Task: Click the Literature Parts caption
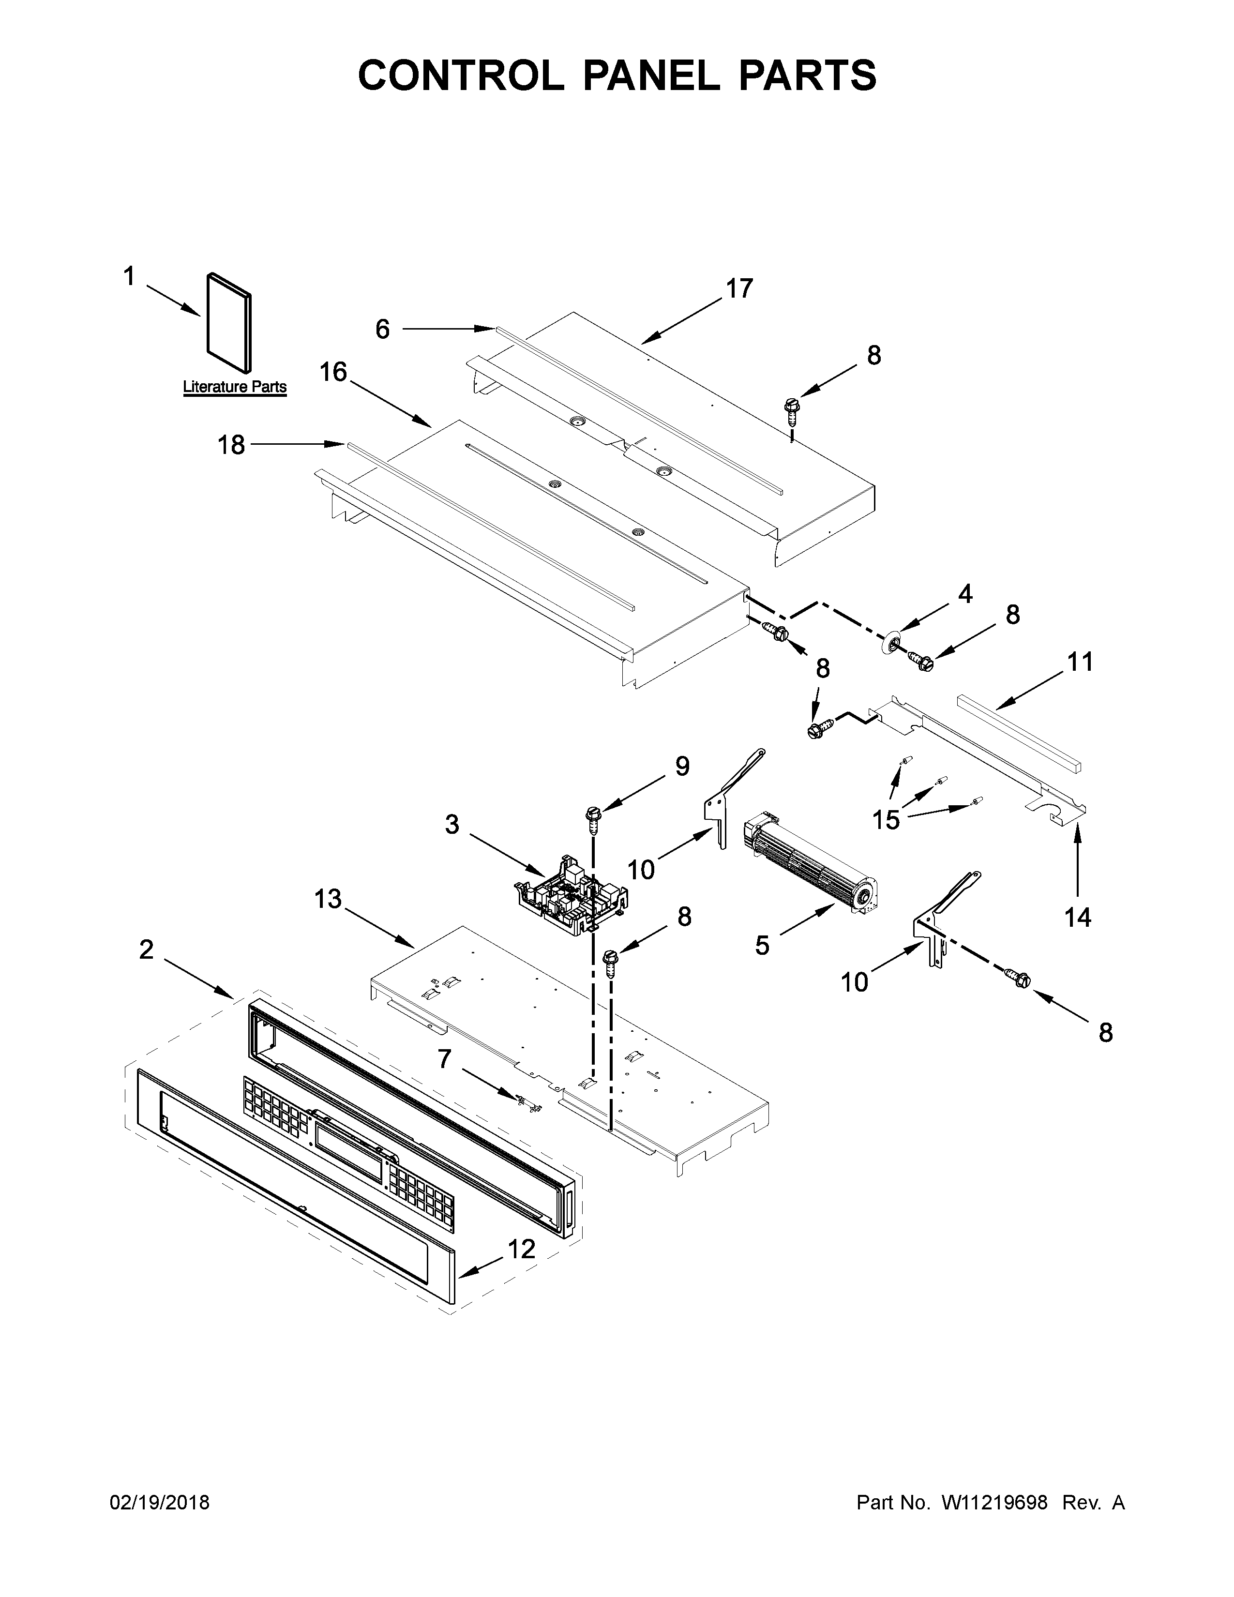[x=235, y=387]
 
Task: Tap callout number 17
[x=739, y=289]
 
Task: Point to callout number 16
[x=333, y=372]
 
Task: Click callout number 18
[x=232, y=445]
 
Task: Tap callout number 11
[x=1080, y=663]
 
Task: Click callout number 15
[x=886, y=820]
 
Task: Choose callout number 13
[x=328, y=899]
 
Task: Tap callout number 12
[x=521, y=1249]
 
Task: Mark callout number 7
[x=444, y=1058]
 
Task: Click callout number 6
[x=382, y=330]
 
